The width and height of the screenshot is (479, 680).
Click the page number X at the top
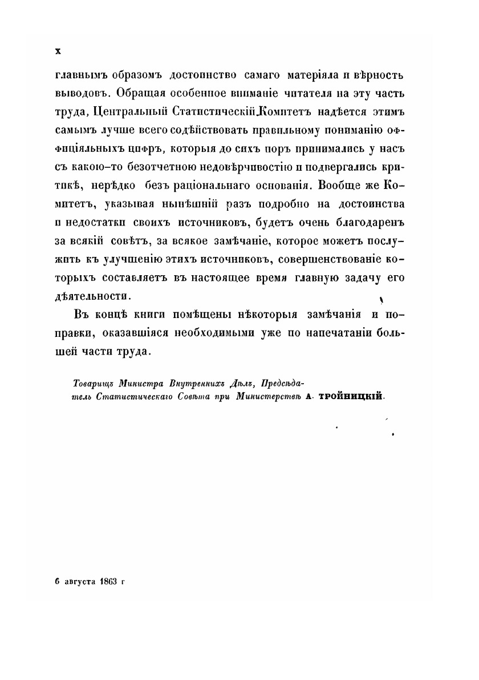coord(57,51)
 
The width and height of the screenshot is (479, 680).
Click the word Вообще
coord(339,186)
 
